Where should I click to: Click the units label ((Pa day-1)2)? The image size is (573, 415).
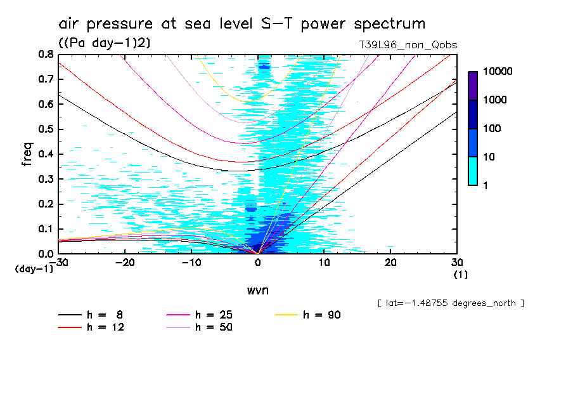105,43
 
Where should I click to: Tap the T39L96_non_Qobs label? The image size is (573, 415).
408,45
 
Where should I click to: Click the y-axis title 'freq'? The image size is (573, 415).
27,154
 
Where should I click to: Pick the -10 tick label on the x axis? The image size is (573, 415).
191,263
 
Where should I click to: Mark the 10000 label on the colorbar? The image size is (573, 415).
498,72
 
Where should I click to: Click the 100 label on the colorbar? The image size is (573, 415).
493,129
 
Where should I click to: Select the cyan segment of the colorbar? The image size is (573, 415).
473,171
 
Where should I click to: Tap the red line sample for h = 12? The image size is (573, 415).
70,327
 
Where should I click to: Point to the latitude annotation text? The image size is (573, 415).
450,303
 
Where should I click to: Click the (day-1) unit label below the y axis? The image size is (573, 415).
34,269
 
